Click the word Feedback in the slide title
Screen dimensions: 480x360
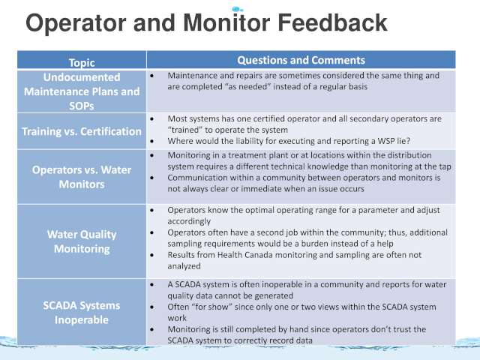tap(332, 22)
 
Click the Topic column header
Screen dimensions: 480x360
tap(82, 62)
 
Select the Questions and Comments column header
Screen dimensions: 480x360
tap(301, 60)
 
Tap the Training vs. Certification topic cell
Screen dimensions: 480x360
tap(82, 131)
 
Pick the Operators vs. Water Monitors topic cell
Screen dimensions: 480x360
tap(82, 177)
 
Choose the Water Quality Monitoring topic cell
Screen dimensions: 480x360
tap(82, 241)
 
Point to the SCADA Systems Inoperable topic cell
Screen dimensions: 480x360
tap(82, 312)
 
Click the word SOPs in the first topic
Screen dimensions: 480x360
tap(82, 106)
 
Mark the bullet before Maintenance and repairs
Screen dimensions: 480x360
tap(152, 75)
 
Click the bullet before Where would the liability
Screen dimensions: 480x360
tap(152, 141)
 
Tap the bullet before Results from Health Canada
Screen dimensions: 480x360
tap(152, 255)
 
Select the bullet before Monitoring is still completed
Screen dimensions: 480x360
tap(152, 329)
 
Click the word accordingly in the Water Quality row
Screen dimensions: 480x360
tap(189, 221)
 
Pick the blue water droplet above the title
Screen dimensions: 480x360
tap(237, 9)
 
